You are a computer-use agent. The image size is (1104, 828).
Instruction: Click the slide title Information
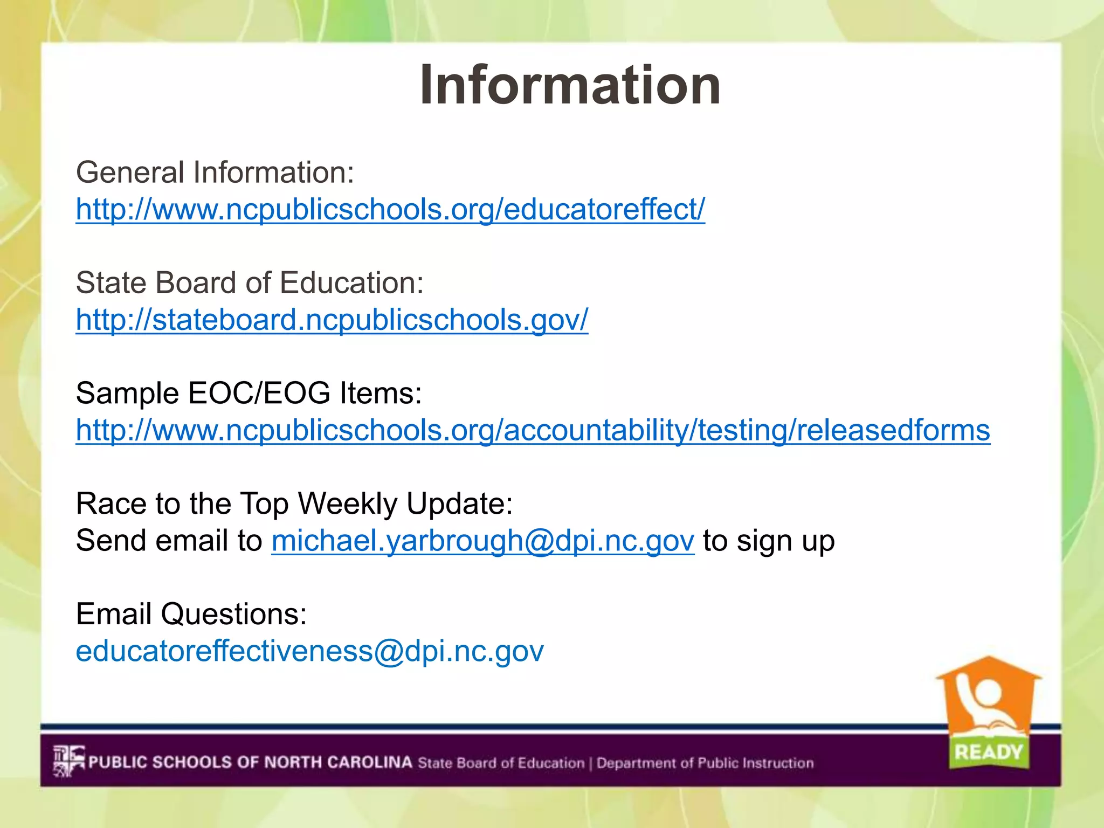(570, 85)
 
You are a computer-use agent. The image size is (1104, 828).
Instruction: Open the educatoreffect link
(390, 209)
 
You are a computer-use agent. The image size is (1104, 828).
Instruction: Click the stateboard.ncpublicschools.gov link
(332, 320)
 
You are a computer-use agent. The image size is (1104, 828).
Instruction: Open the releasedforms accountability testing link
(533, 430)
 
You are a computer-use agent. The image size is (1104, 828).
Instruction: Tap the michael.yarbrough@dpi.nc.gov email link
(482, 541)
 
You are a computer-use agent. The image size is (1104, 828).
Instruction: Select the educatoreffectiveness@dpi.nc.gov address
(309, 651)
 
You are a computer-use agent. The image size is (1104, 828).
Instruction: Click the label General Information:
(215, 172)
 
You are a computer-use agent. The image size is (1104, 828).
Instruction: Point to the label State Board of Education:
(250, 283)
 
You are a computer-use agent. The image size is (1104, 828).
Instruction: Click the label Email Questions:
(191, 614)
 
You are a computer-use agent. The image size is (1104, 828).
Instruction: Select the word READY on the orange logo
(988, 751)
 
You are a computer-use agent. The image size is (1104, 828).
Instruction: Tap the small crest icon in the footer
(68, 761)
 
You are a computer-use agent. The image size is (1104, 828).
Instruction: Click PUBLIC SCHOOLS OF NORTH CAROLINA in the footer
(250, 762)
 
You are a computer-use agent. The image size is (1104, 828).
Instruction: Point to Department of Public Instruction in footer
(705, 763)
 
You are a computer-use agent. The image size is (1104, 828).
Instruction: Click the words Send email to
(169, 541)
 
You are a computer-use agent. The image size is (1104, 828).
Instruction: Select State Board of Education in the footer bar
(501, 763)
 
